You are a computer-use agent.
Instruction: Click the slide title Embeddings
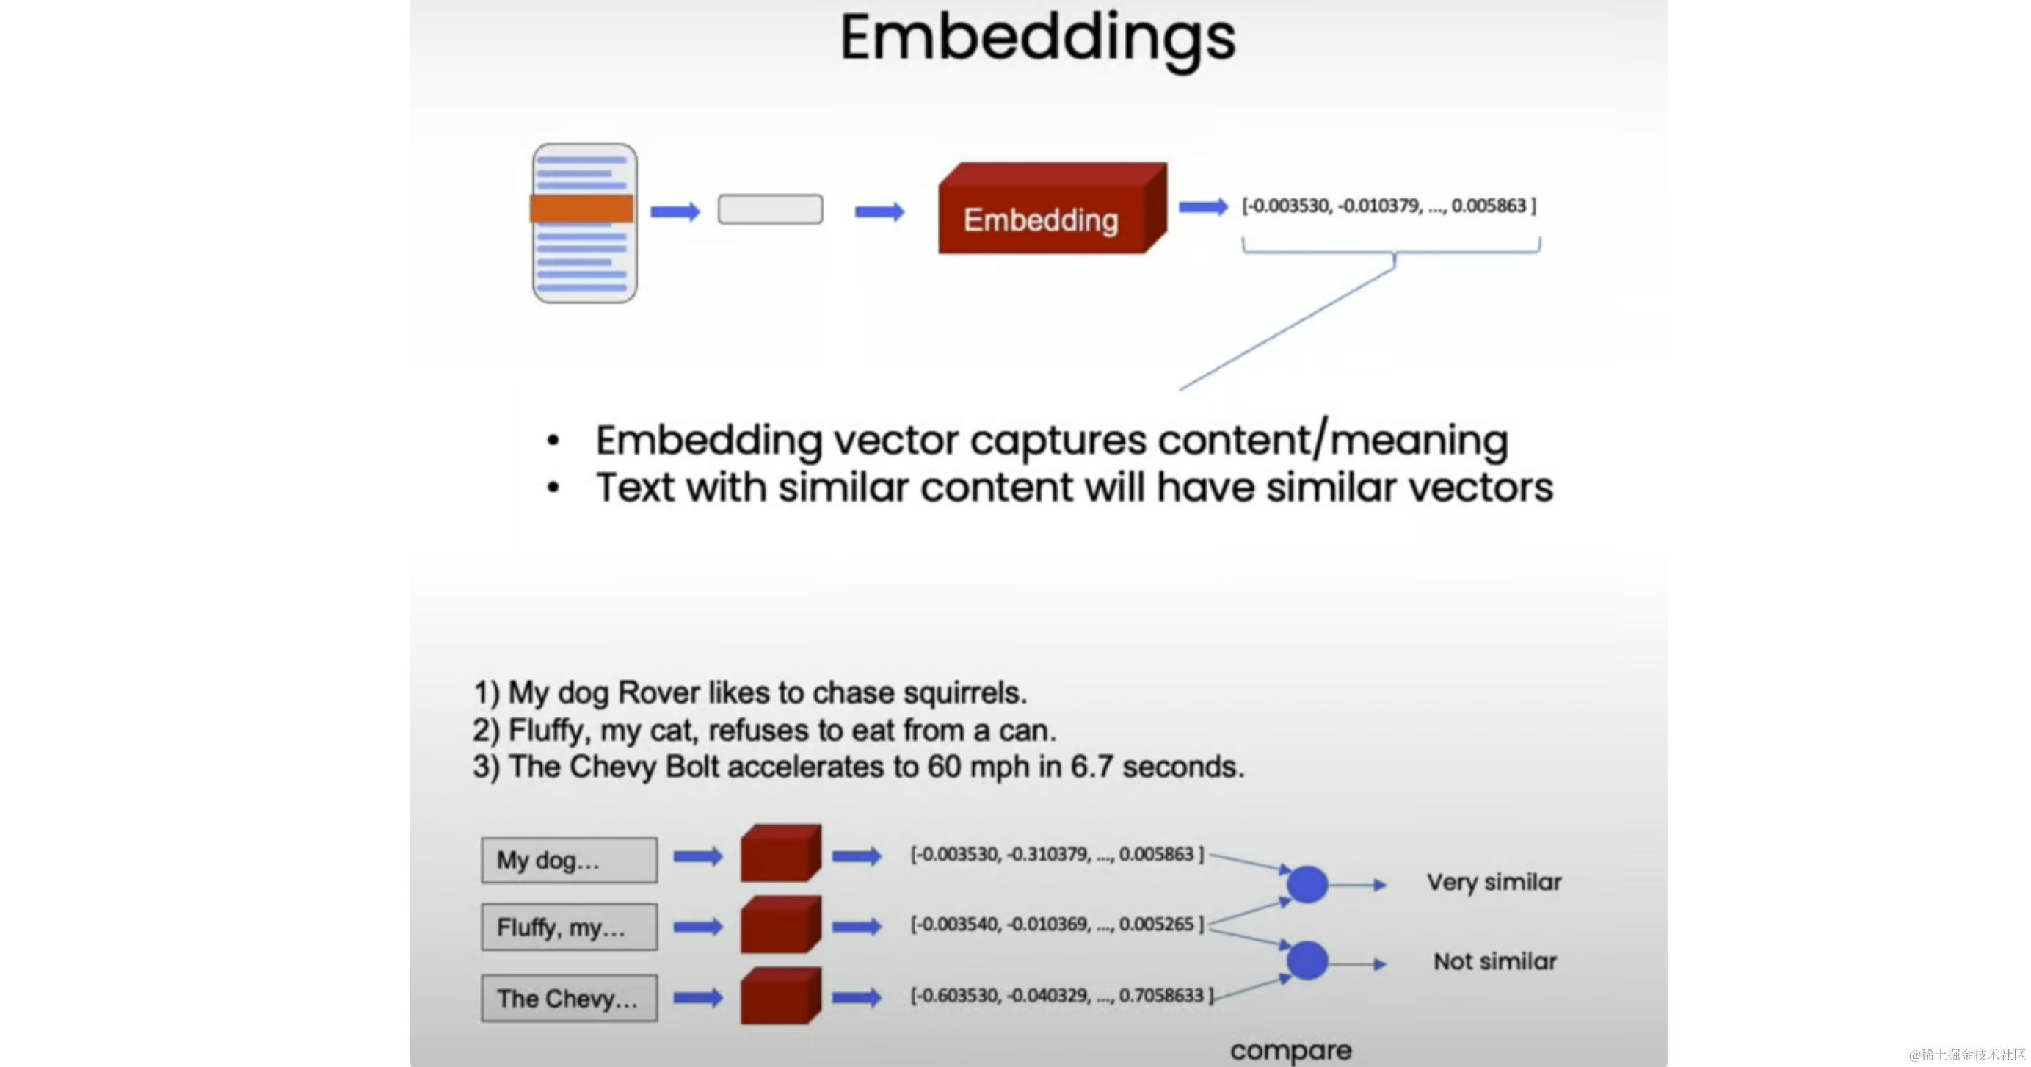[1038, 38]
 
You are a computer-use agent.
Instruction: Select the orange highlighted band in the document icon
[582, 209]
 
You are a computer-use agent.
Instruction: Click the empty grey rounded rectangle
[770, 210]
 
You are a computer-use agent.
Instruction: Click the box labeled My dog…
[570, 861]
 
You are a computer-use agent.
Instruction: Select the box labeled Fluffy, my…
[570, 927]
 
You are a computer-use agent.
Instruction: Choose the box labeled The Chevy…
[570, 999]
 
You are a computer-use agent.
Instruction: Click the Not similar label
[1495, 962]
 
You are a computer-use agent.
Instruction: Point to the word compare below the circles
[1290, 1050]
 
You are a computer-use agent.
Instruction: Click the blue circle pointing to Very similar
[1307, 885]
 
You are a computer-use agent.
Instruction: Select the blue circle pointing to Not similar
[1307, 961]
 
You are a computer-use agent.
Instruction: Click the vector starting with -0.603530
[1061, 996]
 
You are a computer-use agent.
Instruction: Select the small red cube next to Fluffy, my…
[780, 925]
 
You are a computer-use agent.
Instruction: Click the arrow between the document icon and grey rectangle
[675, 211]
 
